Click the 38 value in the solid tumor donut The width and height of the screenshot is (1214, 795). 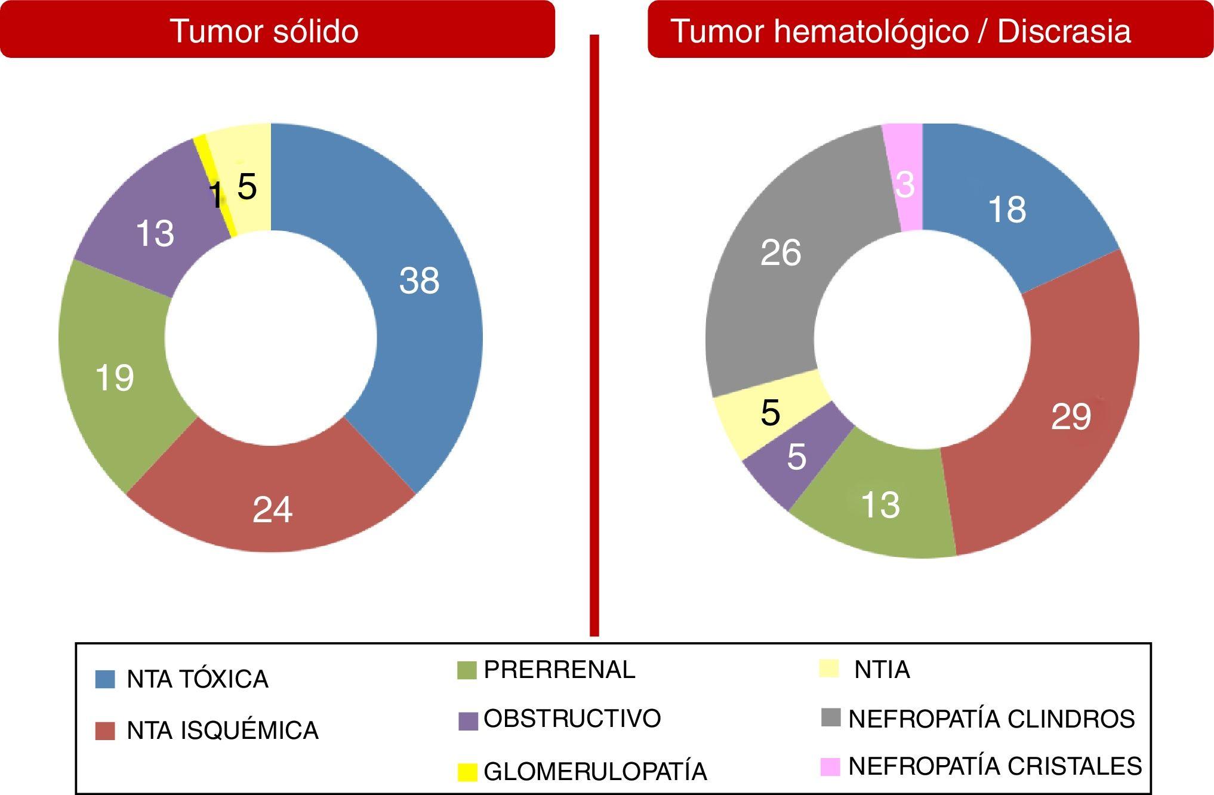point(419,280)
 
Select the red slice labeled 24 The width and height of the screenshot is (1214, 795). point(272,509)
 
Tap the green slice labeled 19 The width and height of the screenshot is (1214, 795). point(115,377)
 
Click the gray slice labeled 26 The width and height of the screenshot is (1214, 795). point(780,252)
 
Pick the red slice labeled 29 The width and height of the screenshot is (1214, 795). point(1071,416)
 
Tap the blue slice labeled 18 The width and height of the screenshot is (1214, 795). point(1007,209)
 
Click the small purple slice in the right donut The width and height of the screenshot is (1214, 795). point(796,457)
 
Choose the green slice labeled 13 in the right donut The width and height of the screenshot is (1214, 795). point(880,505)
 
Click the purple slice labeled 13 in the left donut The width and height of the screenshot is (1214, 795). point(155,233)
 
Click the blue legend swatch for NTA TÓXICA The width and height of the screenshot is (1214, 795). point(105,679)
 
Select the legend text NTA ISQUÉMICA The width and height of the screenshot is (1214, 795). point(223,731)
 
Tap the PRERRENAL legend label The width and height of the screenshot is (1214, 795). point(559,670)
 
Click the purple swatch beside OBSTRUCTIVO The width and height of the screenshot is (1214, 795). point(468,721)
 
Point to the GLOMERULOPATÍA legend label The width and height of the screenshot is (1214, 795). point(595,772)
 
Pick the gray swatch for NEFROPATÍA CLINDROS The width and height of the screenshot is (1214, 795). point(831,718)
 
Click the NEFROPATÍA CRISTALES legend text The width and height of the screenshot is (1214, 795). point(995,766)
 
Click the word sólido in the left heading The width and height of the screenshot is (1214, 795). point(316,31)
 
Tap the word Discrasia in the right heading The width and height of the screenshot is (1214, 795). point(1064,31)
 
